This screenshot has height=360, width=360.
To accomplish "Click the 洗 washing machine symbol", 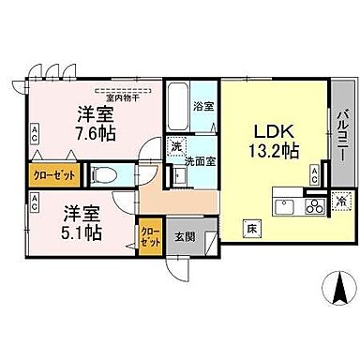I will tap(175, 146).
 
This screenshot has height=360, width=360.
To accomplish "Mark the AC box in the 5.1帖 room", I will tap(34, 200).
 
